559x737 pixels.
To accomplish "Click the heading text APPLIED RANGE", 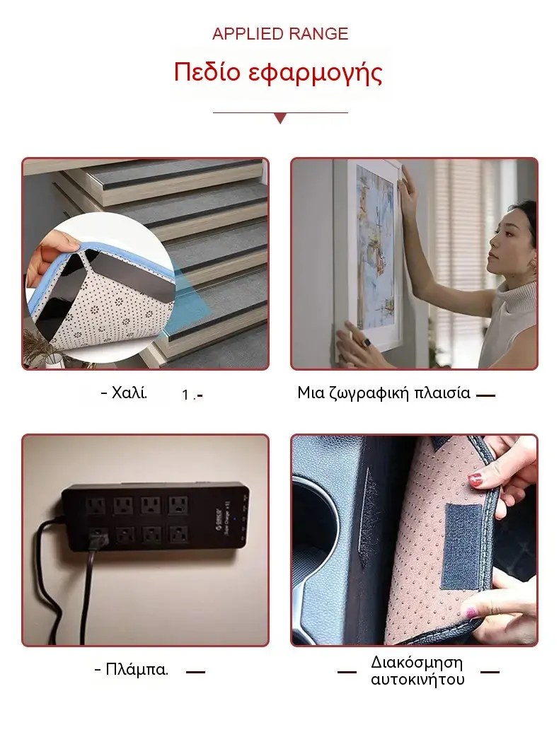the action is tap(280, 35).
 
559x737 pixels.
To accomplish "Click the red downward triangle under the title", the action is tap(280, 118).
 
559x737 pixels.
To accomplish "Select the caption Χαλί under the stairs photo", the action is tap(124, 393).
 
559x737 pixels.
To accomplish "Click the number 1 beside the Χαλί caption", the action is tap(185, 395).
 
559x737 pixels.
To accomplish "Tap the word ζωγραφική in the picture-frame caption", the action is tap(369, 393).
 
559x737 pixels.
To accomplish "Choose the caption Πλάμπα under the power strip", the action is tap(131, 669).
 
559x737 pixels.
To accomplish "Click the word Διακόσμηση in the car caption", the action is tap(417, 663).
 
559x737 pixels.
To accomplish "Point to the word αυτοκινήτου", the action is tap(417, 680).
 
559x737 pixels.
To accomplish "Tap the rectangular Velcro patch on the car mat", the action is tap(462, 546).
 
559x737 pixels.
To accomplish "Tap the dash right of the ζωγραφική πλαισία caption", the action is tap(485, 396).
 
